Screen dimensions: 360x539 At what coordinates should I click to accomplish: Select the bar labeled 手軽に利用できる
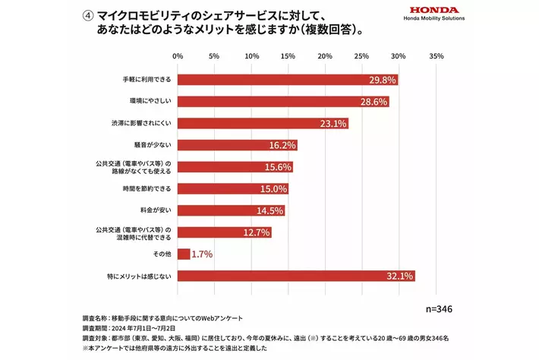(288, 80)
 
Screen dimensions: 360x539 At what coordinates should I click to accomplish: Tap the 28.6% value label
(374, 102)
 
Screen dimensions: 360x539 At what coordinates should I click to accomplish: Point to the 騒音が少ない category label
(156, 145)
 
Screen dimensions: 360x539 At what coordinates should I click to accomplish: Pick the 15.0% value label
(274, 189)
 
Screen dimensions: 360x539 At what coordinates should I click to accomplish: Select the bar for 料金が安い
(232, 210)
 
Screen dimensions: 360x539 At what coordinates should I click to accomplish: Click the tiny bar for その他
(184, 254)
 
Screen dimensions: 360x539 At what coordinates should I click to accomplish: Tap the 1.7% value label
(201, 254)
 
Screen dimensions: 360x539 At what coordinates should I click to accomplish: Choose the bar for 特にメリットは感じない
(296, 276)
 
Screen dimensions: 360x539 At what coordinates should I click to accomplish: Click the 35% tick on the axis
(436, 56)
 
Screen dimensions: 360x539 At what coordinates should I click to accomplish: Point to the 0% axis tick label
(178, 56)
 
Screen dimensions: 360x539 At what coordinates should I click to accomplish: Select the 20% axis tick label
(325, 56)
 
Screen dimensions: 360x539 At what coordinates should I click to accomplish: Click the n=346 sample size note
(439, 308)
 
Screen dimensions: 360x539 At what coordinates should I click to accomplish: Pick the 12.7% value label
(257, 232)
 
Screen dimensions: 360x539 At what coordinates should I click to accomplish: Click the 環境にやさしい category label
(151, 102)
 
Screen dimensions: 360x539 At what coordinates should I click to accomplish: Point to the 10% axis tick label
(251, 56)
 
